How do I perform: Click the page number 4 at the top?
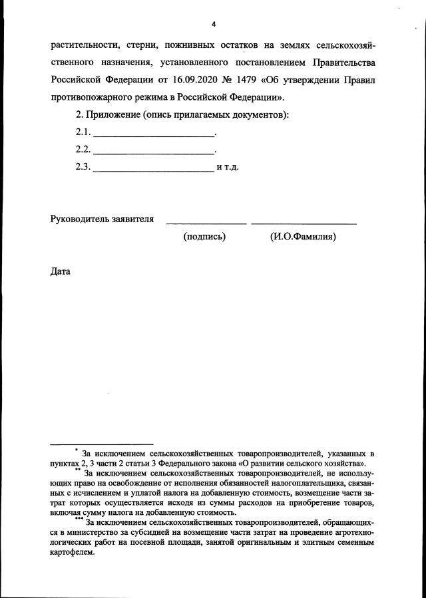tap(214, 25)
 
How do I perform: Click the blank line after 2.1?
tap(154, 135)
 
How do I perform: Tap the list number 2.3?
tap(83, 167)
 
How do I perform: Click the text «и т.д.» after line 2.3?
tap(228, 167)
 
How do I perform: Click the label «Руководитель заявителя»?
tap(103, 219)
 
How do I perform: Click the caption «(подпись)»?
tap(204, 237)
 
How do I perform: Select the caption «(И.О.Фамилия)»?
tap(303, 237)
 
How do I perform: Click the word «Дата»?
tap(61, 271)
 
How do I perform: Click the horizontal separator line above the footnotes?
tap(102, 444)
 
